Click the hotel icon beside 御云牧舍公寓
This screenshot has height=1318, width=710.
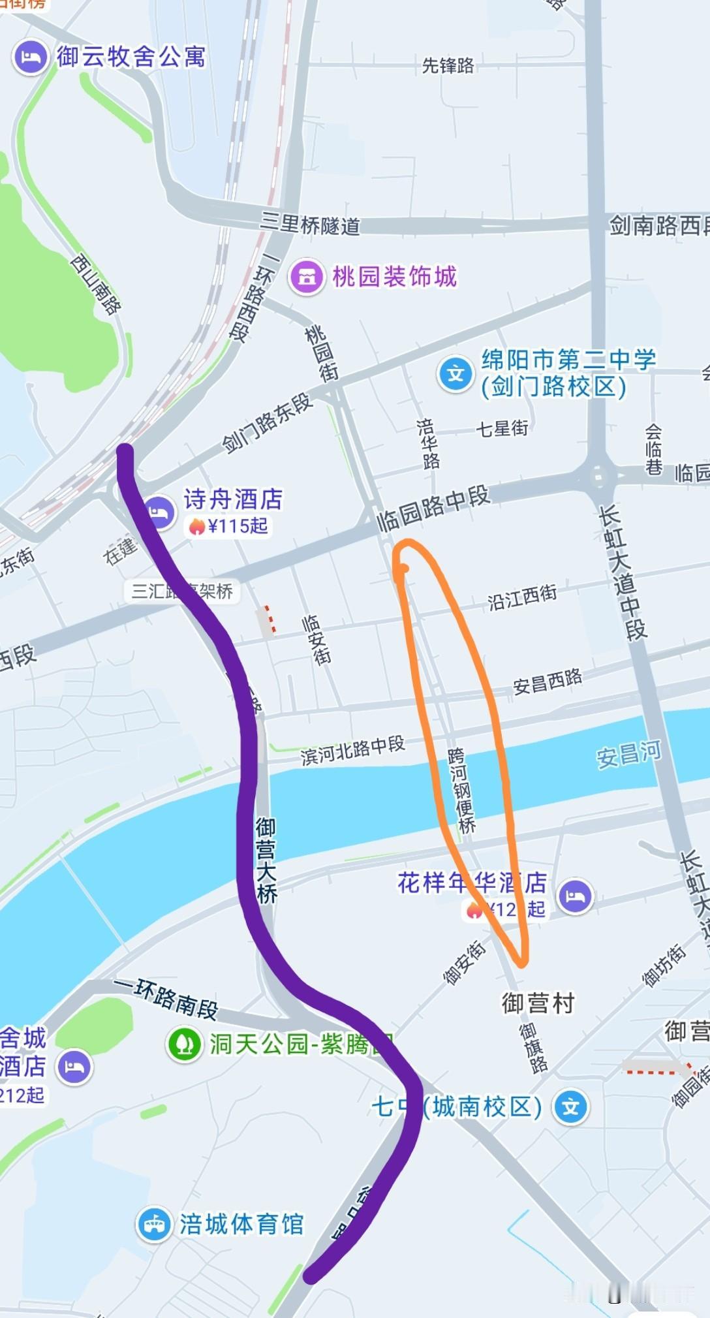coord(30,57)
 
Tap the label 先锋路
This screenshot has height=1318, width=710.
coord(448,65)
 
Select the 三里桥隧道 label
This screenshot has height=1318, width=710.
coord(310,224)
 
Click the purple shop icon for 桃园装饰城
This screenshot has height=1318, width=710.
coord(307,277)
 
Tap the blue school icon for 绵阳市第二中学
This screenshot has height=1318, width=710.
coord(455,374)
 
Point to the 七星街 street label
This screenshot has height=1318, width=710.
coord(502,428)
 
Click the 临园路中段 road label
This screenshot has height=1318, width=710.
coord(433,509)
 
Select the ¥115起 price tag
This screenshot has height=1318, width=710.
coord(228,526)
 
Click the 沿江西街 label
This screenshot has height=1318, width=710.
coord(522,597)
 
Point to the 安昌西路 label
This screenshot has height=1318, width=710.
coord(547,682)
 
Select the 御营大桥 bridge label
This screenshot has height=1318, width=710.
coord(266,860)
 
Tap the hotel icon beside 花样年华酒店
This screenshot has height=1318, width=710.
coord(575,895)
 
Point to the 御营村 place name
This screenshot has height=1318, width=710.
coord(538,1002)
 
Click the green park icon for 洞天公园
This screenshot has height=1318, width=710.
coord(185,1044)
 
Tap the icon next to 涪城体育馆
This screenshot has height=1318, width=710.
coord(154,1224)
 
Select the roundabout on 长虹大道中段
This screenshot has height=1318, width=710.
coord(598,476)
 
